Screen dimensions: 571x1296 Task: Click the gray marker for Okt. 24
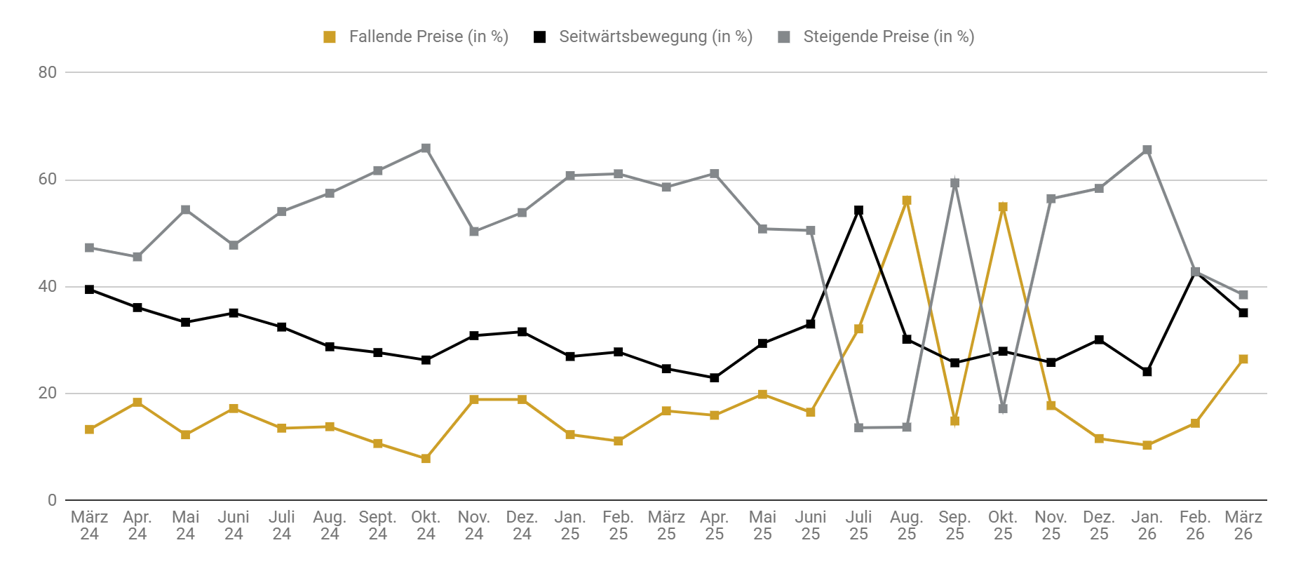pos(426,149)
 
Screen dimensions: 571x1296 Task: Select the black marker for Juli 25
pos(858,210)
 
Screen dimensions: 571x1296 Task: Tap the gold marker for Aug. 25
pos(907,201)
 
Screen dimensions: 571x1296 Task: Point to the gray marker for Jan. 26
pos(1147,150)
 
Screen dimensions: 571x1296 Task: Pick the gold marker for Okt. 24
pos(426,459)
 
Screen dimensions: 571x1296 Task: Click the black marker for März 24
pos(89,290)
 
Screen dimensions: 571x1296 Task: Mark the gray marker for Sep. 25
pos(954,183)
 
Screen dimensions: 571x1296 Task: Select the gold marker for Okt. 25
pos(1003,207)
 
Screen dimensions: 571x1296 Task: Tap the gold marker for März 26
pos(1243,359)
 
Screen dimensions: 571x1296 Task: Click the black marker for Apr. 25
pos(715,378)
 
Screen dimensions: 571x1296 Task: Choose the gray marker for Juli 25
pos(858,428)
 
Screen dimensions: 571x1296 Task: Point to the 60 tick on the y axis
pos(48,180)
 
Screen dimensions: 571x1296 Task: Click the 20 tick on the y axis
pos(48,394)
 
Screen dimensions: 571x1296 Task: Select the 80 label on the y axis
pos(48,72)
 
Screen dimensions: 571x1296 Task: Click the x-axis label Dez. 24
pos(522,525)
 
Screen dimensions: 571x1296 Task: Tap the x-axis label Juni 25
pos(811,525)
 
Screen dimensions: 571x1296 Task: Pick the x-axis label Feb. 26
pos(1195,525)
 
